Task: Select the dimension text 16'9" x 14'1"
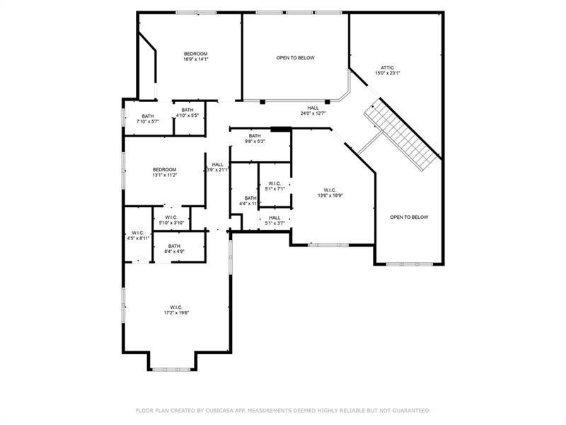click(196, 59)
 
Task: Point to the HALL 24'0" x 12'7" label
click(313, 110)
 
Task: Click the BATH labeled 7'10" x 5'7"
click(147, 119)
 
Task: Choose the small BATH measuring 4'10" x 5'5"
click(187, 112)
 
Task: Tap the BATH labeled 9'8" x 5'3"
click(255, 138)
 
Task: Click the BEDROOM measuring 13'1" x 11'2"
click(165, 172)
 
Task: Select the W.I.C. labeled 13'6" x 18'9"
click(330, 193)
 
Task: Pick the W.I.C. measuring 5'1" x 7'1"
click(275, 186)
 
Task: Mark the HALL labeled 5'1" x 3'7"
click(275, 220)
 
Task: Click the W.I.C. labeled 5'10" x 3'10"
click(171, 220)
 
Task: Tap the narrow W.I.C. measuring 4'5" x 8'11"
click(138, 236)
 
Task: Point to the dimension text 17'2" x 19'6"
click(176, 312)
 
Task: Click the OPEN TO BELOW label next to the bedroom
click(295, 58)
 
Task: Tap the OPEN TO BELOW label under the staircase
click(409, 217)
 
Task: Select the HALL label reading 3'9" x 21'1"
click(217, 167)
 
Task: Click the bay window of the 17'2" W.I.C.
click(172, 368)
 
